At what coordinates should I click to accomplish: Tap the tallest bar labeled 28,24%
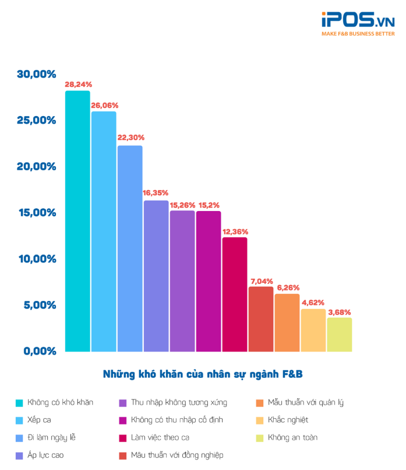pyautogui.click(x=77, y=222)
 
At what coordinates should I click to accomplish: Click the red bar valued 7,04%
pyautogui.click(x=261, y=319)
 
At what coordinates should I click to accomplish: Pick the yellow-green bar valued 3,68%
pyautogui.click(x=340, y=335)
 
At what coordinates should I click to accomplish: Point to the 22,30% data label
pyautogui.click(x=130, y=138)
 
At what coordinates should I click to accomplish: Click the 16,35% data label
pyautogui.click(x=156, y=192)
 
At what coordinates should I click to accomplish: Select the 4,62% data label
pyautogui.click(x=313, y=301)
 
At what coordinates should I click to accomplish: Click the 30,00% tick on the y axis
pyautogui.click(x=36, y=74)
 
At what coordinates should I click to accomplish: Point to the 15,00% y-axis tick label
pyautogui.click(x=36, y=213)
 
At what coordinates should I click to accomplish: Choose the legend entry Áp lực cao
pyautogui.click(x=48, y=455)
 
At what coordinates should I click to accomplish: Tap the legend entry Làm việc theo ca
pyautogui.click(x=160, y=437)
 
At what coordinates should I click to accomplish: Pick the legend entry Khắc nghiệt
pyautogui.click(x=288, y=420)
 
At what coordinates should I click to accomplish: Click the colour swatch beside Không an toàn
pyautogui.click(x=259, y=437)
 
